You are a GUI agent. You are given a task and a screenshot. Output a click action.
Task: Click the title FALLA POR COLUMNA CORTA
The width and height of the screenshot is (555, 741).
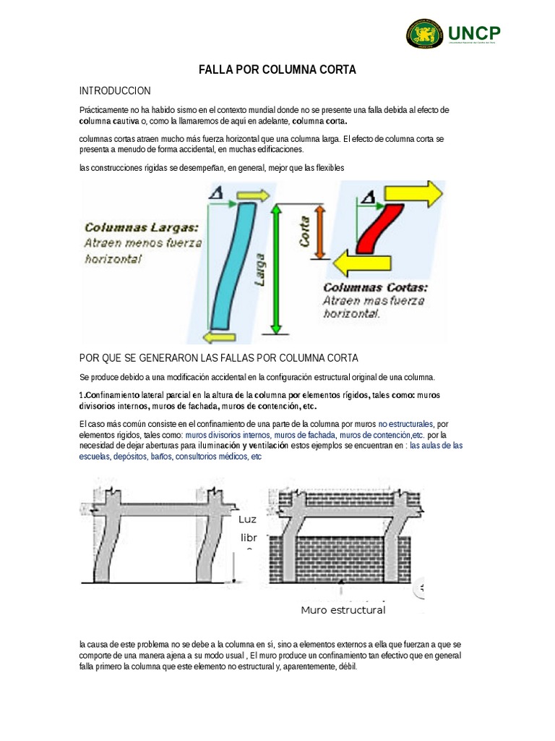click(x=277, y=69)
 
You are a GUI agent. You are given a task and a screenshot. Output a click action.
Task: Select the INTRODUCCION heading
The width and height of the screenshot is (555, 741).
click(x=115, y=90)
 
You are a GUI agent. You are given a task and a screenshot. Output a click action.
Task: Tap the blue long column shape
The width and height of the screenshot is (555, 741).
click(x=230, y=264)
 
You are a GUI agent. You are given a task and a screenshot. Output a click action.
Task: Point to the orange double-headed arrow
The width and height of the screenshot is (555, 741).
click(x=322, y=230)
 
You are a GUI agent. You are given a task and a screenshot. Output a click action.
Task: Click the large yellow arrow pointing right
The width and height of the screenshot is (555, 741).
click(x=413, y=192)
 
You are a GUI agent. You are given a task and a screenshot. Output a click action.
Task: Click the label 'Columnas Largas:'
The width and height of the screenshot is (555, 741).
click(x=142, y=227)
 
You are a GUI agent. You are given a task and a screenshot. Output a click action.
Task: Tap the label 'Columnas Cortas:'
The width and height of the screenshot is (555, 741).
click(x=375, y=287)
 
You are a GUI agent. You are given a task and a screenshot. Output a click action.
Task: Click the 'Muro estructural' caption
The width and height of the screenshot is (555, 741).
click(x=343, y=610)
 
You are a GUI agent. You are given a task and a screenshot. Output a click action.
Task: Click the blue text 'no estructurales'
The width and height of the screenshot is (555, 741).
click(x=405, y=423)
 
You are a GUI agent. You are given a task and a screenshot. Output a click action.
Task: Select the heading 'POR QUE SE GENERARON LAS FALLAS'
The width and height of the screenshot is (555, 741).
click(x=218, y=359)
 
